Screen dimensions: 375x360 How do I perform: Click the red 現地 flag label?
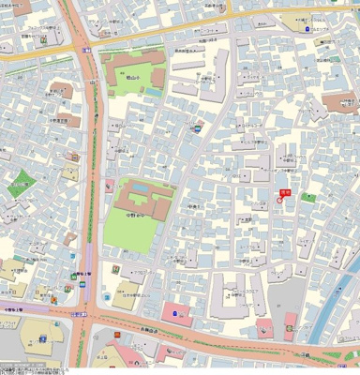(285, 191)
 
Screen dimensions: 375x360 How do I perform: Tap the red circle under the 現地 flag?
(279, 200)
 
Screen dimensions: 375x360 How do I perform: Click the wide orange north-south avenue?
(92, 187)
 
